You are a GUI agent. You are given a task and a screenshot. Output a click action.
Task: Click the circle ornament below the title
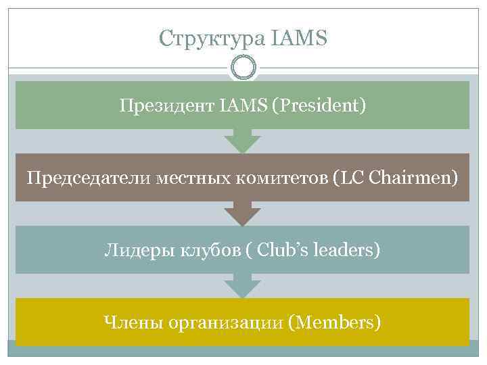click(243, 68)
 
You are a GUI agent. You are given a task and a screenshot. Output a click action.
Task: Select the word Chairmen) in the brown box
click(420, 178)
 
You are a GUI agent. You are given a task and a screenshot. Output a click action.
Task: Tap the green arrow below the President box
click(243, 141)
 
